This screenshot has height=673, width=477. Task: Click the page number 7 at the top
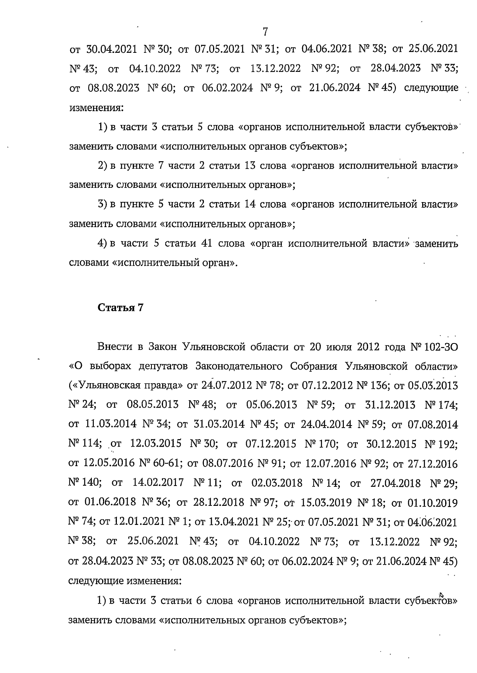click(x=266, y=31)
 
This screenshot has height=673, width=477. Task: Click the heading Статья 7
click(x=120, y=308)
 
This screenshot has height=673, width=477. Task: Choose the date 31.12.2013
click(x=390, y=405)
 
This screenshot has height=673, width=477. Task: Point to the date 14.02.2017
click(x=158, y=483)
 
